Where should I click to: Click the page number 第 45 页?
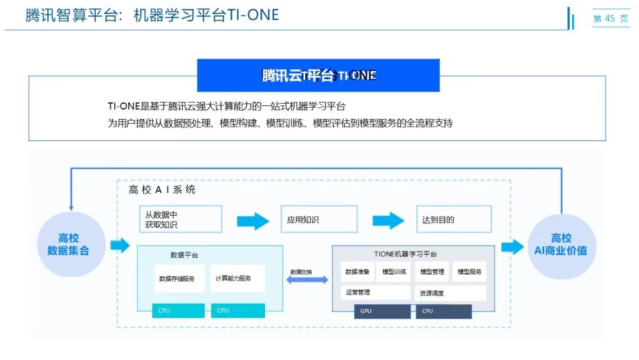tap(611, 18)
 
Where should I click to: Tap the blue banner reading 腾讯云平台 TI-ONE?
tap(318, 75)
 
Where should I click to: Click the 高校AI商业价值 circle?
tap(561, 245)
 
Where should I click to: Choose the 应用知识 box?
tap(319, 219)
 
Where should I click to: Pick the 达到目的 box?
tap(454, 219)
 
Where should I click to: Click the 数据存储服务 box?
tap(179, 278)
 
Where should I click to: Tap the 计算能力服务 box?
tap(237, 278)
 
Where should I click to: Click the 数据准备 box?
tap(359, 272)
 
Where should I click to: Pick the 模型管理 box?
tap(432, 272)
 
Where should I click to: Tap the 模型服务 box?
tap(469, 272)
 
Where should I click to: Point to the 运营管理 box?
tap(375, 292)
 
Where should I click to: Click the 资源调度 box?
tap(450, 293)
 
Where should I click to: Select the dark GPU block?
tap(382, 311)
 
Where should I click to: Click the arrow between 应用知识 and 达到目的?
tap(388, 220)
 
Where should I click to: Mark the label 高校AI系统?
tap(162, 190)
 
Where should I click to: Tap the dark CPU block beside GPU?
tap(444, 311)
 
